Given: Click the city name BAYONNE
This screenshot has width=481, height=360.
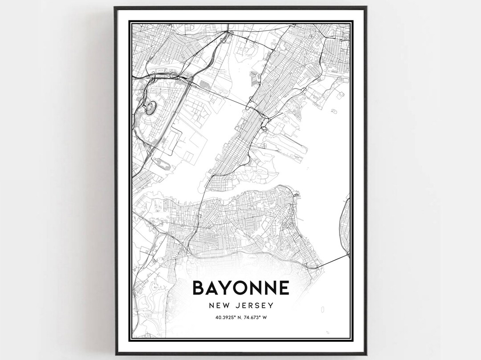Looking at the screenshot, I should (x=240, y=288).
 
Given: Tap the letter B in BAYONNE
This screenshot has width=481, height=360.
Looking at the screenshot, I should (x=199, y=288).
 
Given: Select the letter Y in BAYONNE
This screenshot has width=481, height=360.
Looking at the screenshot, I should (x=226, y=288).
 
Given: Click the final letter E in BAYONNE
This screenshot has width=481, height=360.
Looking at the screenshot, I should (x=283, y=288).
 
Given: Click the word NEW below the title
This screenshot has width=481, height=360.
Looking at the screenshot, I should (x=220, y=306).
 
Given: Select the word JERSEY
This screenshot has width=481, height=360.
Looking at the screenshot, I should (x=255, y=306).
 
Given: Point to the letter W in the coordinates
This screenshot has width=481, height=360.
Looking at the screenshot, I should (x=265, y=317).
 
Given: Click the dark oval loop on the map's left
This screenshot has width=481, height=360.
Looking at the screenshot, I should (x=151, y=107).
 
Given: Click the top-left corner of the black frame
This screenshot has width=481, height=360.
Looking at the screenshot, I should (x=115, y=8).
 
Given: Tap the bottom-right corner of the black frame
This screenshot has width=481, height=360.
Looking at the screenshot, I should (x=366, y=354).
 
